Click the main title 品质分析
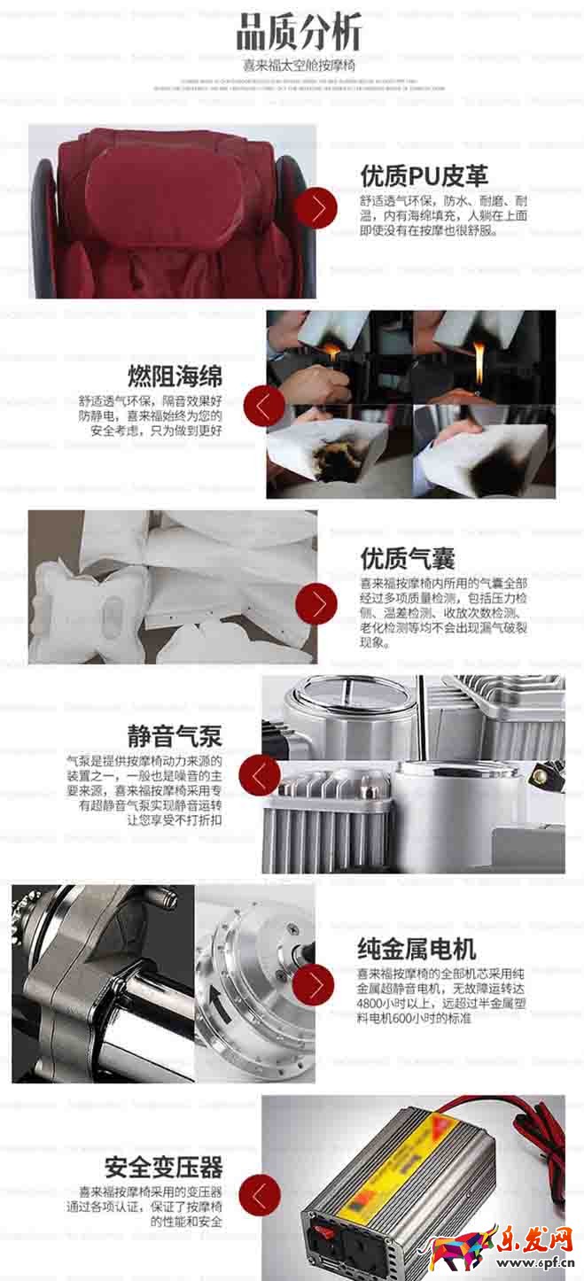tap(299, 35)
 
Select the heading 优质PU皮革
tap(424, 175)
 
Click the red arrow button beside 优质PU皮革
tap(316, 209)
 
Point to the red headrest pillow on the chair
tap(165, 190)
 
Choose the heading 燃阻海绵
tap(175, 374)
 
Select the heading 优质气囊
tap(408, 558)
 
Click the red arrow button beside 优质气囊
tap(316, 603)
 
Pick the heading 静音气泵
tap(174, 735)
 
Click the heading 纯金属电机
tap(416, 950)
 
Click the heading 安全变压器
tap(163, 1166)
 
